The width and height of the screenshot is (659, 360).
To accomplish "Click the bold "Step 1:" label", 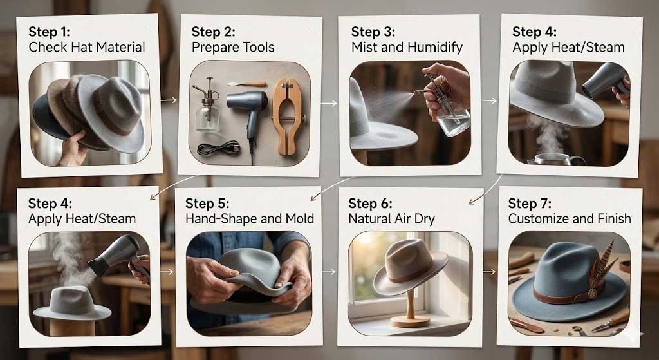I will coord(51,30).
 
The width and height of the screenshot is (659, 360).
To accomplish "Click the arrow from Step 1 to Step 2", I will coord(169,100).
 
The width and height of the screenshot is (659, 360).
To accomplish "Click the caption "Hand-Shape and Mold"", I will coord(250,219).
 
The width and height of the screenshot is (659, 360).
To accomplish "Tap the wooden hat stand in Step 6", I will coord(410,308).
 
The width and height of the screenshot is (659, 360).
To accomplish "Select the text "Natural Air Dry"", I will coord(391,219).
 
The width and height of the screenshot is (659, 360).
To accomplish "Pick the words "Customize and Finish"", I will coord(570,219).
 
